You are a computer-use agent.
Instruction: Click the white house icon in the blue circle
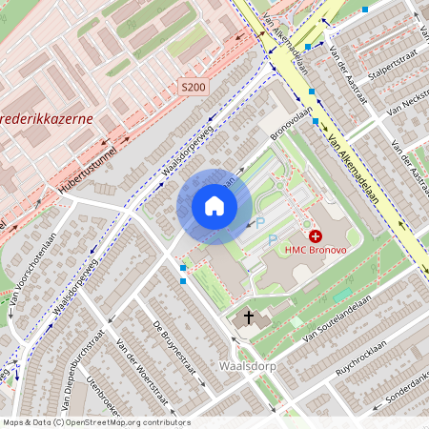[x=214, y=206]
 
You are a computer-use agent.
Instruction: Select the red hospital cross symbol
[x=316, y=235]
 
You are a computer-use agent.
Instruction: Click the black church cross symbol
[x=249, y=316]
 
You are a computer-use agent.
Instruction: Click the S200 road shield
[x=193, y=88]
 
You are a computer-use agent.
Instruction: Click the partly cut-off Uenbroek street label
[x=105, y=396]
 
